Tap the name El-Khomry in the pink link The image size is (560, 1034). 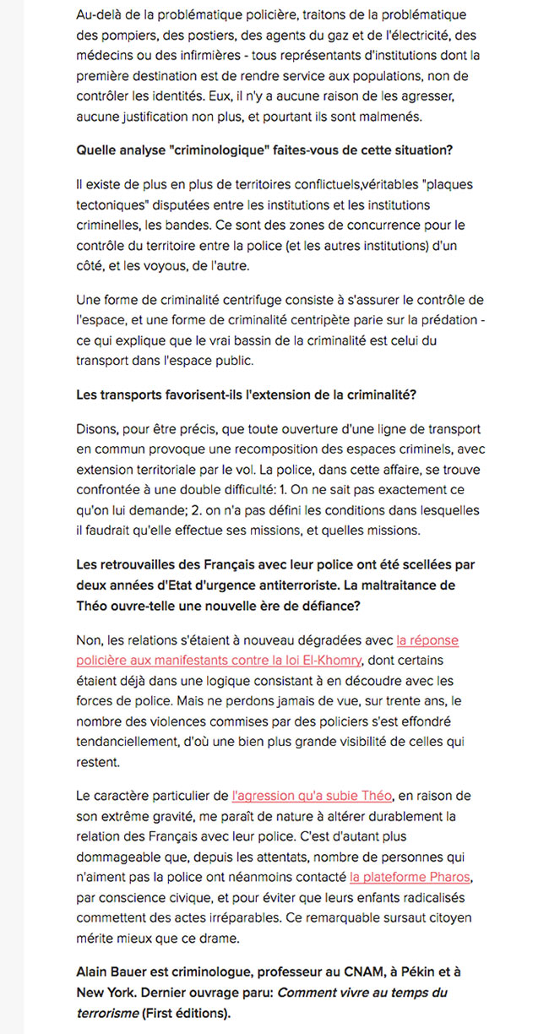[333, 660]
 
